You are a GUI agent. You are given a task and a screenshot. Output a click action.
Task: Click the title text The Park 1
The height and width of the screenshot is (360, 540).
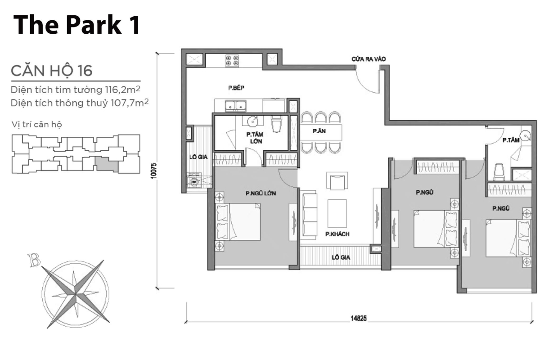click(77, 25)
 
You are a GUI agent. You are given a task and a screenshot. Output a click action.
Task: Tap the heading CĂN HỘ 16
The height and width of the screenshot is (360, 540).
click(51, 71)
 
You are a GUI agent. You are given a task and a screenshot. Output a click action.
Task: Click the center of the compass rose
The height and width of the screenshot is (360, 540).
click(73, 294)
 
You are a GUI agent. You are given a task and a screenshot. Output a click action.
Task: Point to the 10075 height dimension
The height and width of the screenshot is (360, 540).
click(153, 171)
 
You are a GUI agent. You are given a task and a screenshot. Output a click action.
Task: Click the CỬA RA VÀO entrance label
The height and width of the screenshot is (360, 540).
click(369, 59)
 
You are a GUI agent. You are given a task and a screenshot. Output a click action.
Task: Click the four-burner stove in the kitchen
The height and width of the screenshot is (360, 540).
click(232, 61)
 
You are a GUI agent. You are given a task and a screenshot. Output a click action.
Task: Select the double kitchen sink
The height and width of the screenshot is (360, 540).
click(234, 106)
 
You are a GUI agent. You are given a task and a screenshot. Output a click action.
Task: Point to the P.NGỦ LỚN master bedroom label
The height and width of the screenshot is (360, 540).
click(261, 193)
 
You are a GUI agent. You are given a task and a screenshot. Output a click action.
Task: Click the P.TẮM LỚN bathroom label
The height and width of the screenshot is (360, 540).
click(254, 138)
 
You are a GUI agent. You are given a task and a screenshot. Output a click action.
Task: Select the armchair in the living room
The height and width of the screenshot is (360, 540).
click(337, 182)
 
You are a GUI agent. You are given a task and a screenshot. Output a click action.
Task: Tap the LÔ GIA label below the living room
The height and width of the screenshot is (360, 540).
click(341, 257)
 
